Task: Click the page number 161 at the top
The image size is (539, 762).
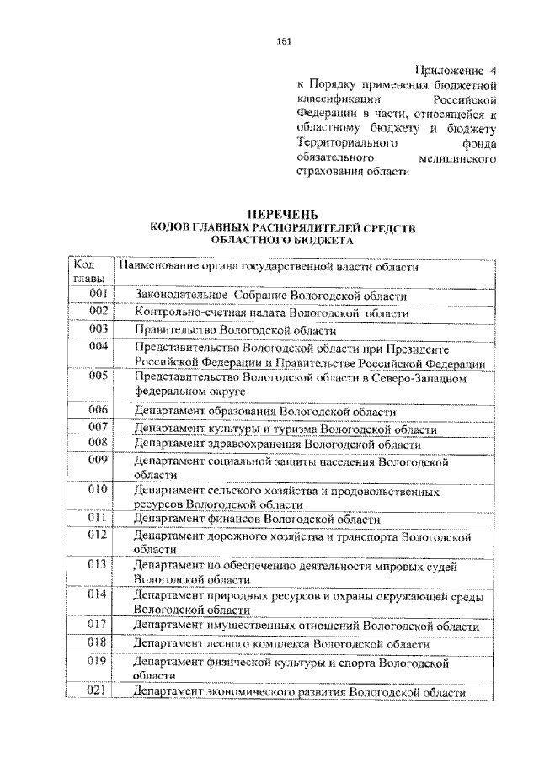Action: click(283, 44)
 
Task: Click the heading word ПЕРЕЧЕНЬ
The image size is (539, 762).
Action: click(283, 216)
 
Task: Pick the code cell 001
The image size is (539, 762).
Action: click(99, 295)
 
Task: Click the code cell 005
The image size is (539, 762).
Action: click(99, 377)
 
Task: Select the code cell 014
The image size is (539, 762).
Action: click(99, 595)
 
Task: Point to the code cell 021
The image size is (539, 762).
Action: click(99, 692)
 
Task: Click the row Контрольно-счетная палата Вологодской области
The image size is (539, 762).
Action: click(271, 312)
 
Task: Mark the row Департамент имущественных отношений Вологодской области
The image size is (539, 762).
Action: click(307, 626)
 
